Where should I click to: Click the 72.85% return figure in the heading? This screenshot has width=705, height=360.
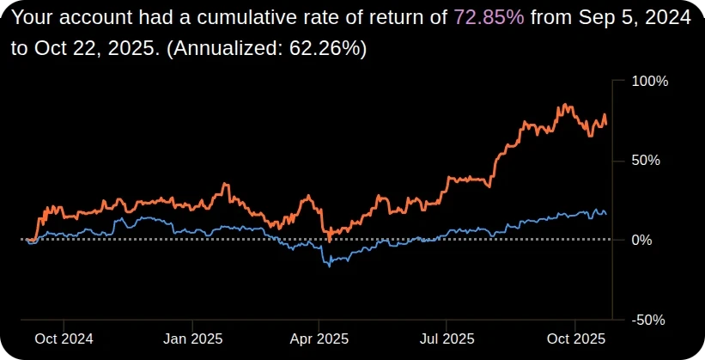(489, 16)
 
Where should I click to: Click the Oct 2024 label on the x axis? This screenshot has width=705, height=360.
(63, 337)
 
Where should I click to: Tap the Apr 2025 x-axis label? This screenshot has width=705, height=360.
(318, 337)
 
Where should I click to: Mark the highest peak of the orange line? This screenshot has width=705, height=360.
(564, 105)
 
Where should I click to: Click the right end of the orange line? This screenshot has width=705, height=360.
(606, 125)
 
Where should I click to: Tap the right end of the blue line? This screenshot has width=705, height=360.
(606, 213)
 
